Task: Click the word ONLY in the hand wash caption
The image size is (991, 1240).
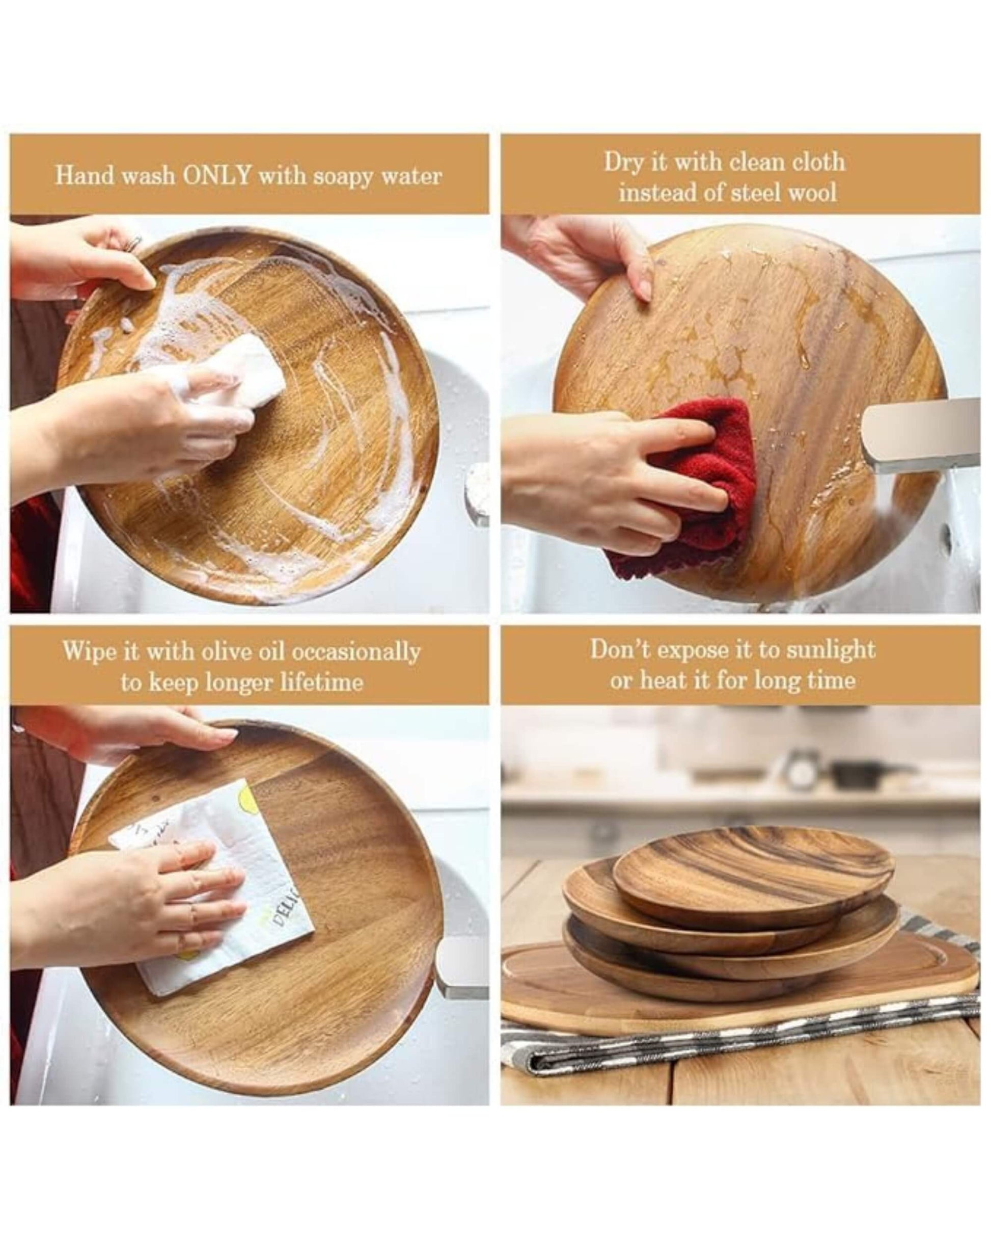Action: [x=217, y=175]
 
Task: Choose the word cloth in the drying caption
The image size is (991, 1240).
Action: [x=818, y=163]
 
